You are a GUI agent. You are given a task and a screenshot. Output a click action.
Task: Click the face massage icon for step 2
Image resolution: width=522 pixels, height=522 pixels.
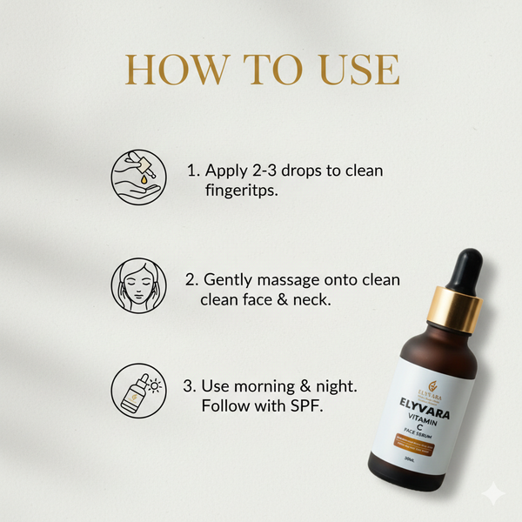(138, 284)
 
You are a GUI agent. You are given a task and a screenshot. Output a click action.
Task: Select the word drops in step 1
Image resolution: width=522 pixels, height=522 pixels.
(308, 171)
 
